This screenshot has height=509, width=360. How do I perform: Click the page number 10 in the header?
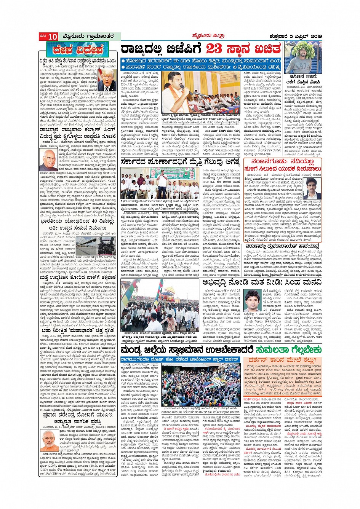(x=53, y=37)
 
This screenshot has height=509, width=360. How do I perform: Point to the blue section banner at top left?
(x=77, y=50)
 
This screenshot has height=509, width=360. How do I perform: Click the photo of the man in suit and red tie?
(x=107, y=80)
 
